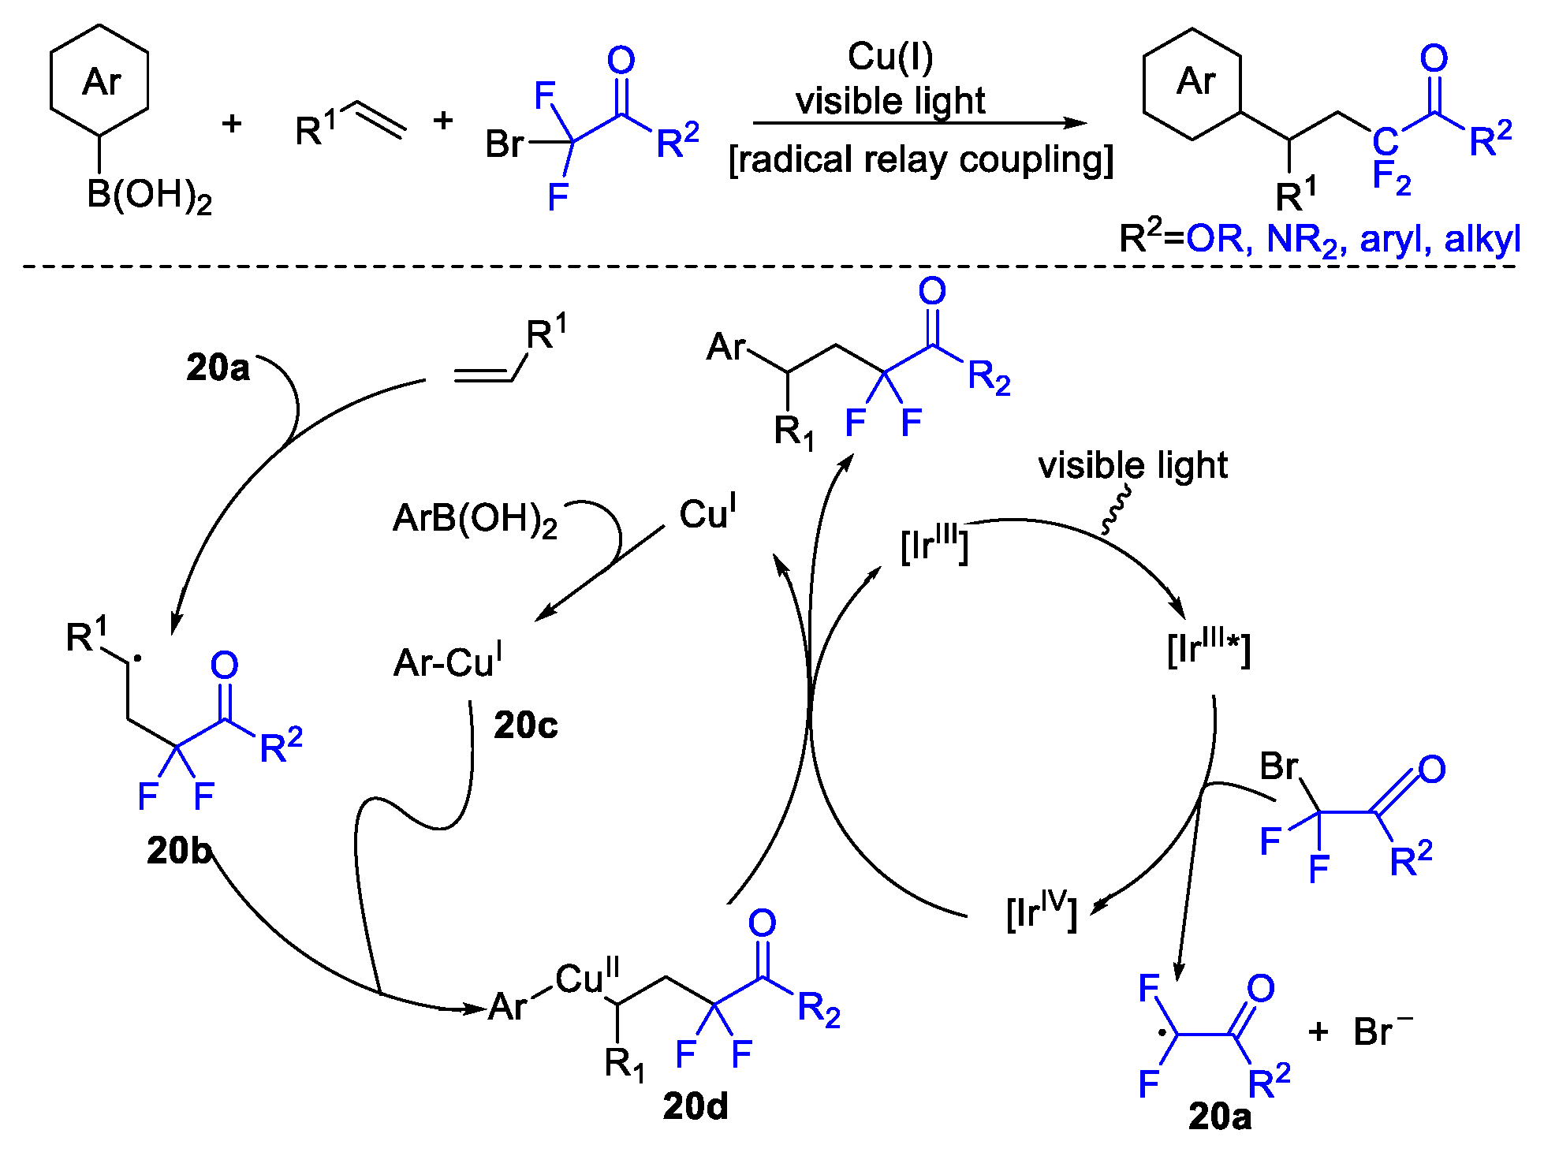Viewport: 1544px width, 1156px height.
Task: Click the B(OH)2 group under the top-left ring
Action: (148, 195)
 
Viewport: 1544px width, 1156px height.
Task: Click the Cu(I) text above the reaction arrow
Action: (890, 57)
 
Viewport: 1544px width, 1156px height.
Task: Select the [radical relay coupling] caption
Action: (920, 160)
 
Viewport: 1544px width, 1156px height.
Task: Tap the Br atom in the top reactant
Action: (505, 144)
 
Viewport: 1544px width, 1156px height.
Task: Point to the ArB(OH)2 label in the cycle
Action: (475, 519)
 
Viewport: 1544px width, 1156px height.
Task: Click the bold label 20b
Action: (180, 851)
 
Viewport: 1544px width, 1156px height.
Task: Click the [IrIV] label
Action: (1042, 911)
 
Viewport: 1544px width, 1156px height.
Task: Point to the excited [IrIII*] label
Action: (1208, 648)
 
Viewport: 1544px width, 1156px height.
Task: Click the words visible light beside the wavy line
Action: (1132, 465)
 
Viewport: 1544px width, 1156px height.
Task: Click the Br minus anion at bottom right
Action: (1382, 1031)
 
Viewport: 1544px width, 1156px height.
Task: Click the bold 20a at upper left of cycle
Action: (218, 367)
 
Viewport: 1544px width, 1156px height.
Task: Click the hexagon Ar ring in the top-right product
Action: (1192, 84)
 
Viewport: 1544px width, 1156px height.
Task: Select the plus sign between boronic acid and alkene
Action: (232, 123)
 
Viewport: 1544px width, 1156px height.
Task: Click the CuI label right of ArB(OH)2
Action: (707, 513)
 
